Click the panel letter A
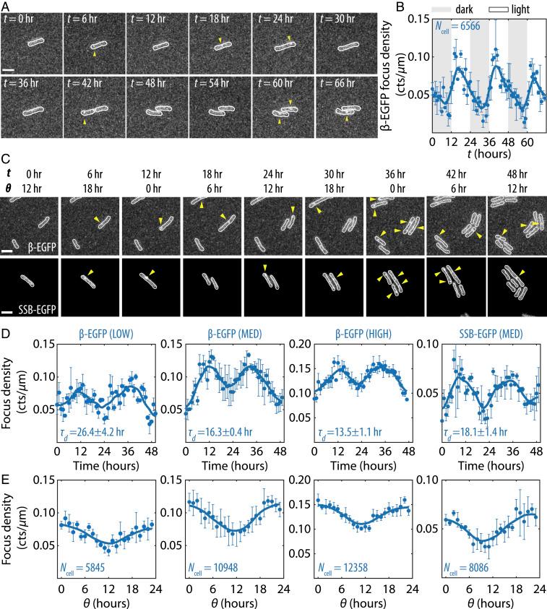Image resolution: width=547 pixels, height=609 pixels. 5,5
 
